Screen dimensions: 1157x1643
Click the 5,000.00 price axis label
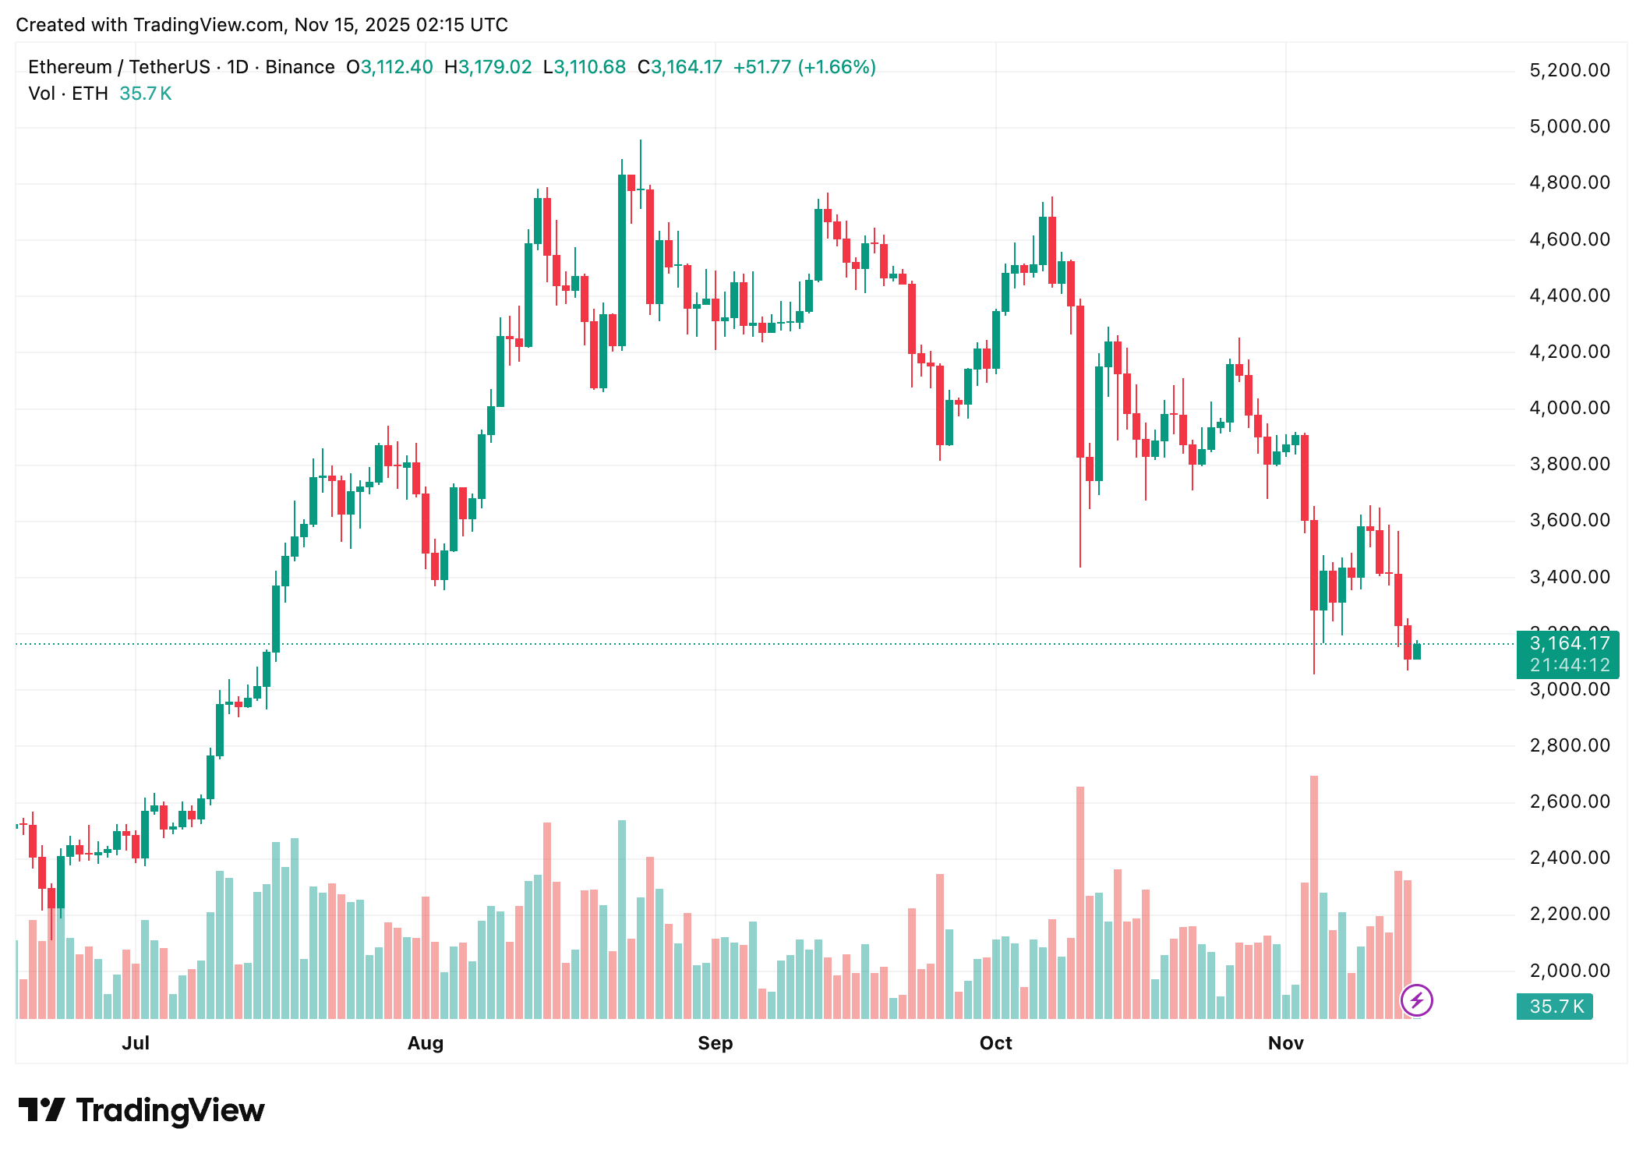[1569, 126]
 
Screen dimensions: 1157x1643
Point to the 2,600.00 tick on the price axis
[1569, 801]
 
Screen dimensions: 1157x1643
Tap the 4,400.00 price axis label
[1569, 295]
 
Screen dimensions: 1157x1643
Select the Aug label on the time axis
[425, 1043]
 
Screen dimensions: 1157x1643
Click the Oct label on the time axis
[995, 1043]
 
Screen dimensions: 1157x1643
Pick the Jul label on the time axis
[136, 1043]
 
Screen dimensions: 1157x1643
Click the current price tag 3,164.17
[1569, 643]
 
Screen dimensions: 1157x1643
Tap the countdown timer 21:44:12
[1569, 665]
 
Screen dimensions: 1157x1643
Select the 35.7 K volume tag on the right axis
[1556, 1007]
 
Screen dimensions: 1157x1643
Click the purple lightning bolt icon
[1416, 1000]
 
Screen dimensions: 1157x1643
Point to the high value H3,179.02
[488, 67]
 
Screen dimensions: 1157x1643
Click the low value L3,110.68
[585, 67]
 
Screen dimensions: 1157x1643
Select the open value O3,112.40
[390, 67]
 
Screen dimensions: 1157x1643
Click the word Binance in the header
[300, 67]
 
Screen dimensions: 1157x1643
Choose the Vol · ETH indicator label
[68, 94]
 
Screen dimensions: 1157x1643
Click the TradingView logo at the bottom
[142, 1110]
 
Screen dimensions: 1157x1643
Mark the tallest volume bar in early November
[1314, 897]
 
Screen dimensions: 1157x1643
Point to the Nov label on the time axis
[1285, 1043]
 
